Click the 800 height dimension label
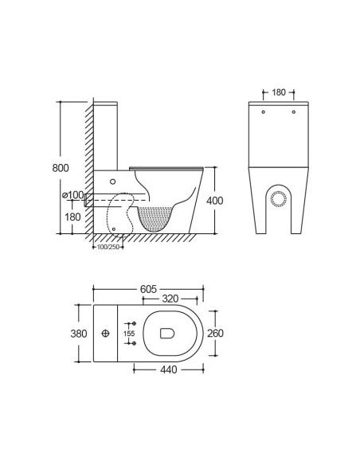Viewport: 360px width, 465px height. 61,168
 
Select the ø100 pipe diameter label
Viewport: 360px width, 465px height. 72,195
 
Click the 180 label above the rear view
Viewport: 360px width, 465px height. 278,92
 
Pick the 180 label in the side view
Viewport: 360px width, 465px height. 73,217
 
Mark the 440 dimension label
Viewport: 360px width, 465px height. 166,369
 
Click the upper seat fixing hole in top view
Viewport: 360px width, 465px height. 132,325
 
